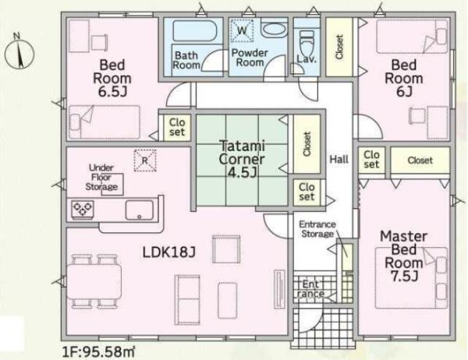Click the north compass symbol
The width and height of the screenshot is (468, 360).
tap(19, 52)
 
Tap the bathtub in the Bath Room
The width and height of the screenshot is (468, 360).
tap(194, 30)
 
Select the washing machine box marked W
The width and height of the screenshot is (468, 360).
tap(242, 30)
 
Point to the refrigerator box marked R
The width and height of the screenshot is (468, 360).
tap(145, 161)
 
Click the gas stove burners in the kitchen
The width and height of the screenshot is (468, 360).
tap(83, 207)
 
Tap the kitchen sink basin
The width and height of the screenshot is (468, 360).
tap(139, 210)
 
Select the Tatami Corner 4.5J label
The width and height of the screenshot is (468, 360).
tap(242, 159)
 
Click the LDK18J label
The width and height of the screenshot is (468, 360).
tap(169, 252)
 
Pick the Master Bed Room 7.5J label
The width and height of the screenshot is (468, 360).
tap(403, 256)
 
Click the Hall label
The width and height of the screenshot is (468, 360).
tap(339, 159)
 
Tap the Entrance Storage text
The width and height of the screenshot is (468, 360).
tap(317, 229)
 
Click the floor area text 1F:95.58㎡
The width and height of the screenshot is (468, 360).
tap(98, 352)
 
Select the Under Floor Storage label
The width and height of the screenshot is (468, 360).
tap(101, 178)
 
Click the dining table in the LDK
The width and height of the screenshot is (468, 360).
tap(94, 281)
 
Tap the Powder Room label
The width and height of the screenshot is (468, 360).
tap(250, 58)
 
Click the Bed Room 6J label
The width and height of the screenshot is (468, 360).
tap(404, 78)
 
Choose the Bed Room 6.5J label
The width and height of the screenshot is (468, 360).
tap(112, 78)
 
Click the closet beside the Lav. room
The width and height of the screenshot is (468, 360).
tap(339, 47)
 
